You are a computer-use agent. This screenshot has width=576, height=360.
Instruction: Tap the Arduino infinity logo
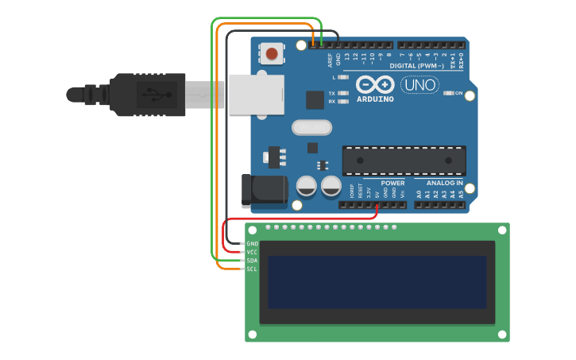tap(375, 84)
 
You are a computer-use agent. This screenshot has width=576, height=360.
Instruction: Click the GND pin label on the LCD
tap(253, 243)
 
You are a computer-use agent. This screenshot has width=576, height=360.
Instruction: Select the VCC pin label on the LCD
tap(253, 252)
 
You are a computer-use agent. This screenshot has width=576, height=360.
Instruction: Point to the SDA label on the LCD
tap(253, 261)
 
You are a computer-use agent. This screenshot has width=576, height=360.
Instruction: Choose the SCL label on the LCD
tap(253, 269)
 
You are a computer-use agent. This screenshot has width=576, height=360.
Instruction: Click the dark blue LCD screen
tap(377, 282)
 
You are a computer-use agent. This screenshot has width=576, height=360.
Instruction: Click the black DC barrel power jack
tap(265, 192)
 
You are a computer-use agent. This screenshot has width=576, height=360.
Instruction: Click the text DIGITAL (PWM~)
tap(417, 65)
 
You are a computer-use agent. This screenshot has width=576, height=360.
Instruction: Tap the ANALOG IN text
tap(439, 183)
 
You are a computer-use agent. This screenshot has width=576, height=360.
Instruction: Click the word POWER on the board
tap(381, 183)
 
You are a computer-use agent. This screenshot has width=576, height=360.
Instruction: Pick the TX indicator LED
tap(342, 93)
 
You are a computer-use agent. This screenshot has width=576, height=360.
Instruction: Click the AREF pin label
tap(330, 60)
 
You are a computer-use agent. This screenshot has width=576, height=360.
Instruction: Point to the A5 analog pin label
tap(461, 193)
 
